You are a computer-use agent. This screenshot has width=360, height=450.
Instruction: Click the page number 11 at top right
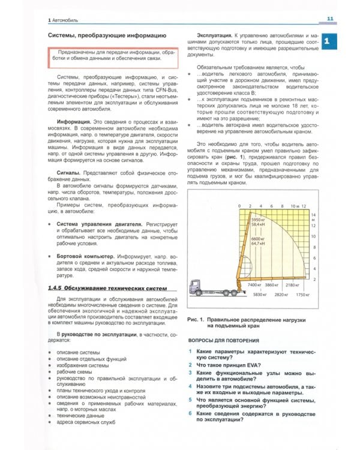[331, 19]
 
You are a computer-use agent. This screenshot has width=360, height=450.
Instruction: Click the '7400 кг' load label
[256, 284]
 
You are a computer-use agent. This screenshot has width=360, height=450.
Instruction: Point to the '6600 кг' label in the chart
[258, 238]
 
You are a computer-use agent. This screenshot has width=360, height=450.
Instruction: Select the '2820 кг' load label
[281, 295]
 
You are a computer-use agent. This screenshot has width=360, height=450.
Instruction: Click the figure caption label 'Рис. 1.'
[197, 320]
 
